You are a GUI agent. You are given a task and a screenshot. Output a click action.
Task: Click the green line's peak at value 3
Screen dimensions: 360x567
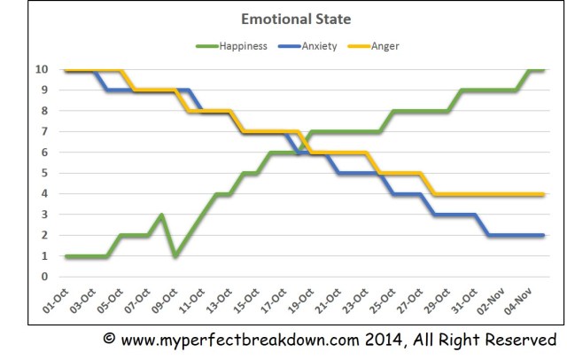click(x=162, y=215)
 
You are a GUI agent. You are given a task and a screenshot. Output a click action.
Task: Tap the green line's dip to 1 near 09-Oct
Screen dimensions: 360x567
click(x=175, y=256)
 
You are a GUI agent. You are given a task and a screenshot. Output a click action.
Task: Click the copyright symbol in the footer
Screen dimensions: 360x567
click(x=110, y=340)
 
